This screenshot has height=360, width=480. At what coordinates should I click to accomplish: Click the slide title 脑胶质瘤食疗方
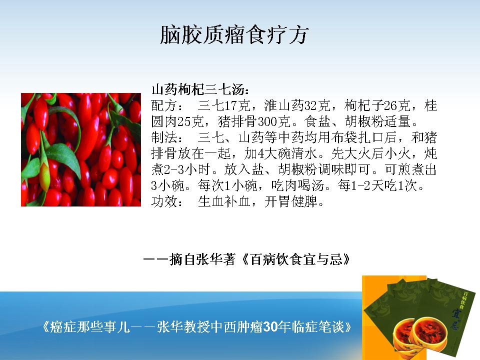click(234, 34)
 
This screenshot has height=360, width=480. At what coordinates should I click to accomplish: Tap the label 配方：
click(167, 105)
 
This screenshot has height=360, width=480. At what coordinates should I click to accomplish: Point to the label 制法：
click(167, 137)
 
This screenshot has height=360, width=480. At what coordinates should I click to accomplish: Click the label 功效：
click(167, 201)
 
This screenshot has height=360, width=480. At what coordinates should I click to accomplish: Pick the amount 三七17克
click(224, 105)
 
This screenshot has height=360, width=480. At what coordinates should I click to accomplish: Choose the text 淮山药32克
click(297, 105)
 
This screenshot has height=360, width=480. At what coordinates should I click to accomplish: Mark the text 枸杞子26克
click(377, 105)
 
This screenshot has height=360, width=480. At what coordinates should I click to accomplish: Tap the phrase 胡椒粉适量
click(377, 121)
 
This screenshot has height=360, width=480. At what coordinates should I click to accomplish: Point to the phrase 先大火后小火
click(370, 153)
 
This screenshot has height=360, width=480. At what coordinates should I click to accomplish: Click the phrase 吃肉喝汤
click(297, 185)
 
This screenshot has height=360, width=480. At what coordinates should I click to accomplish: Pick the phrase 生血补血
click(224, 201)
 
